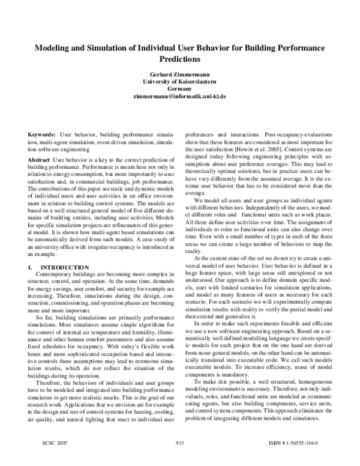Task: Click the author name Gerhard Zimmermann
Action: coord(179,73)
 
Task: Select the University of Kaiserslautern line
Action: coord(179,80)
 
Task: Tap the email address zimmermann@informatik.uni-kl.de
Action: coord(179,96)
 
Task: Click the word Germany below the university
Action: coord(179,88)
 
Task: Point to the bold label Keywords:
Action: coord(43,135)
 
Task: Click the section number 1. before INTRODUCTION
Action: coord(31,266)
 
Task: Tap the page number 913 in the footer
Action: coord(179,460)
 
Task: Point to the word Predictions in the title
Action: coord(179,59)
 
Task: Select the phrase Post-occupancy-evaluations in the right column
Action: coord(299,135)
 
